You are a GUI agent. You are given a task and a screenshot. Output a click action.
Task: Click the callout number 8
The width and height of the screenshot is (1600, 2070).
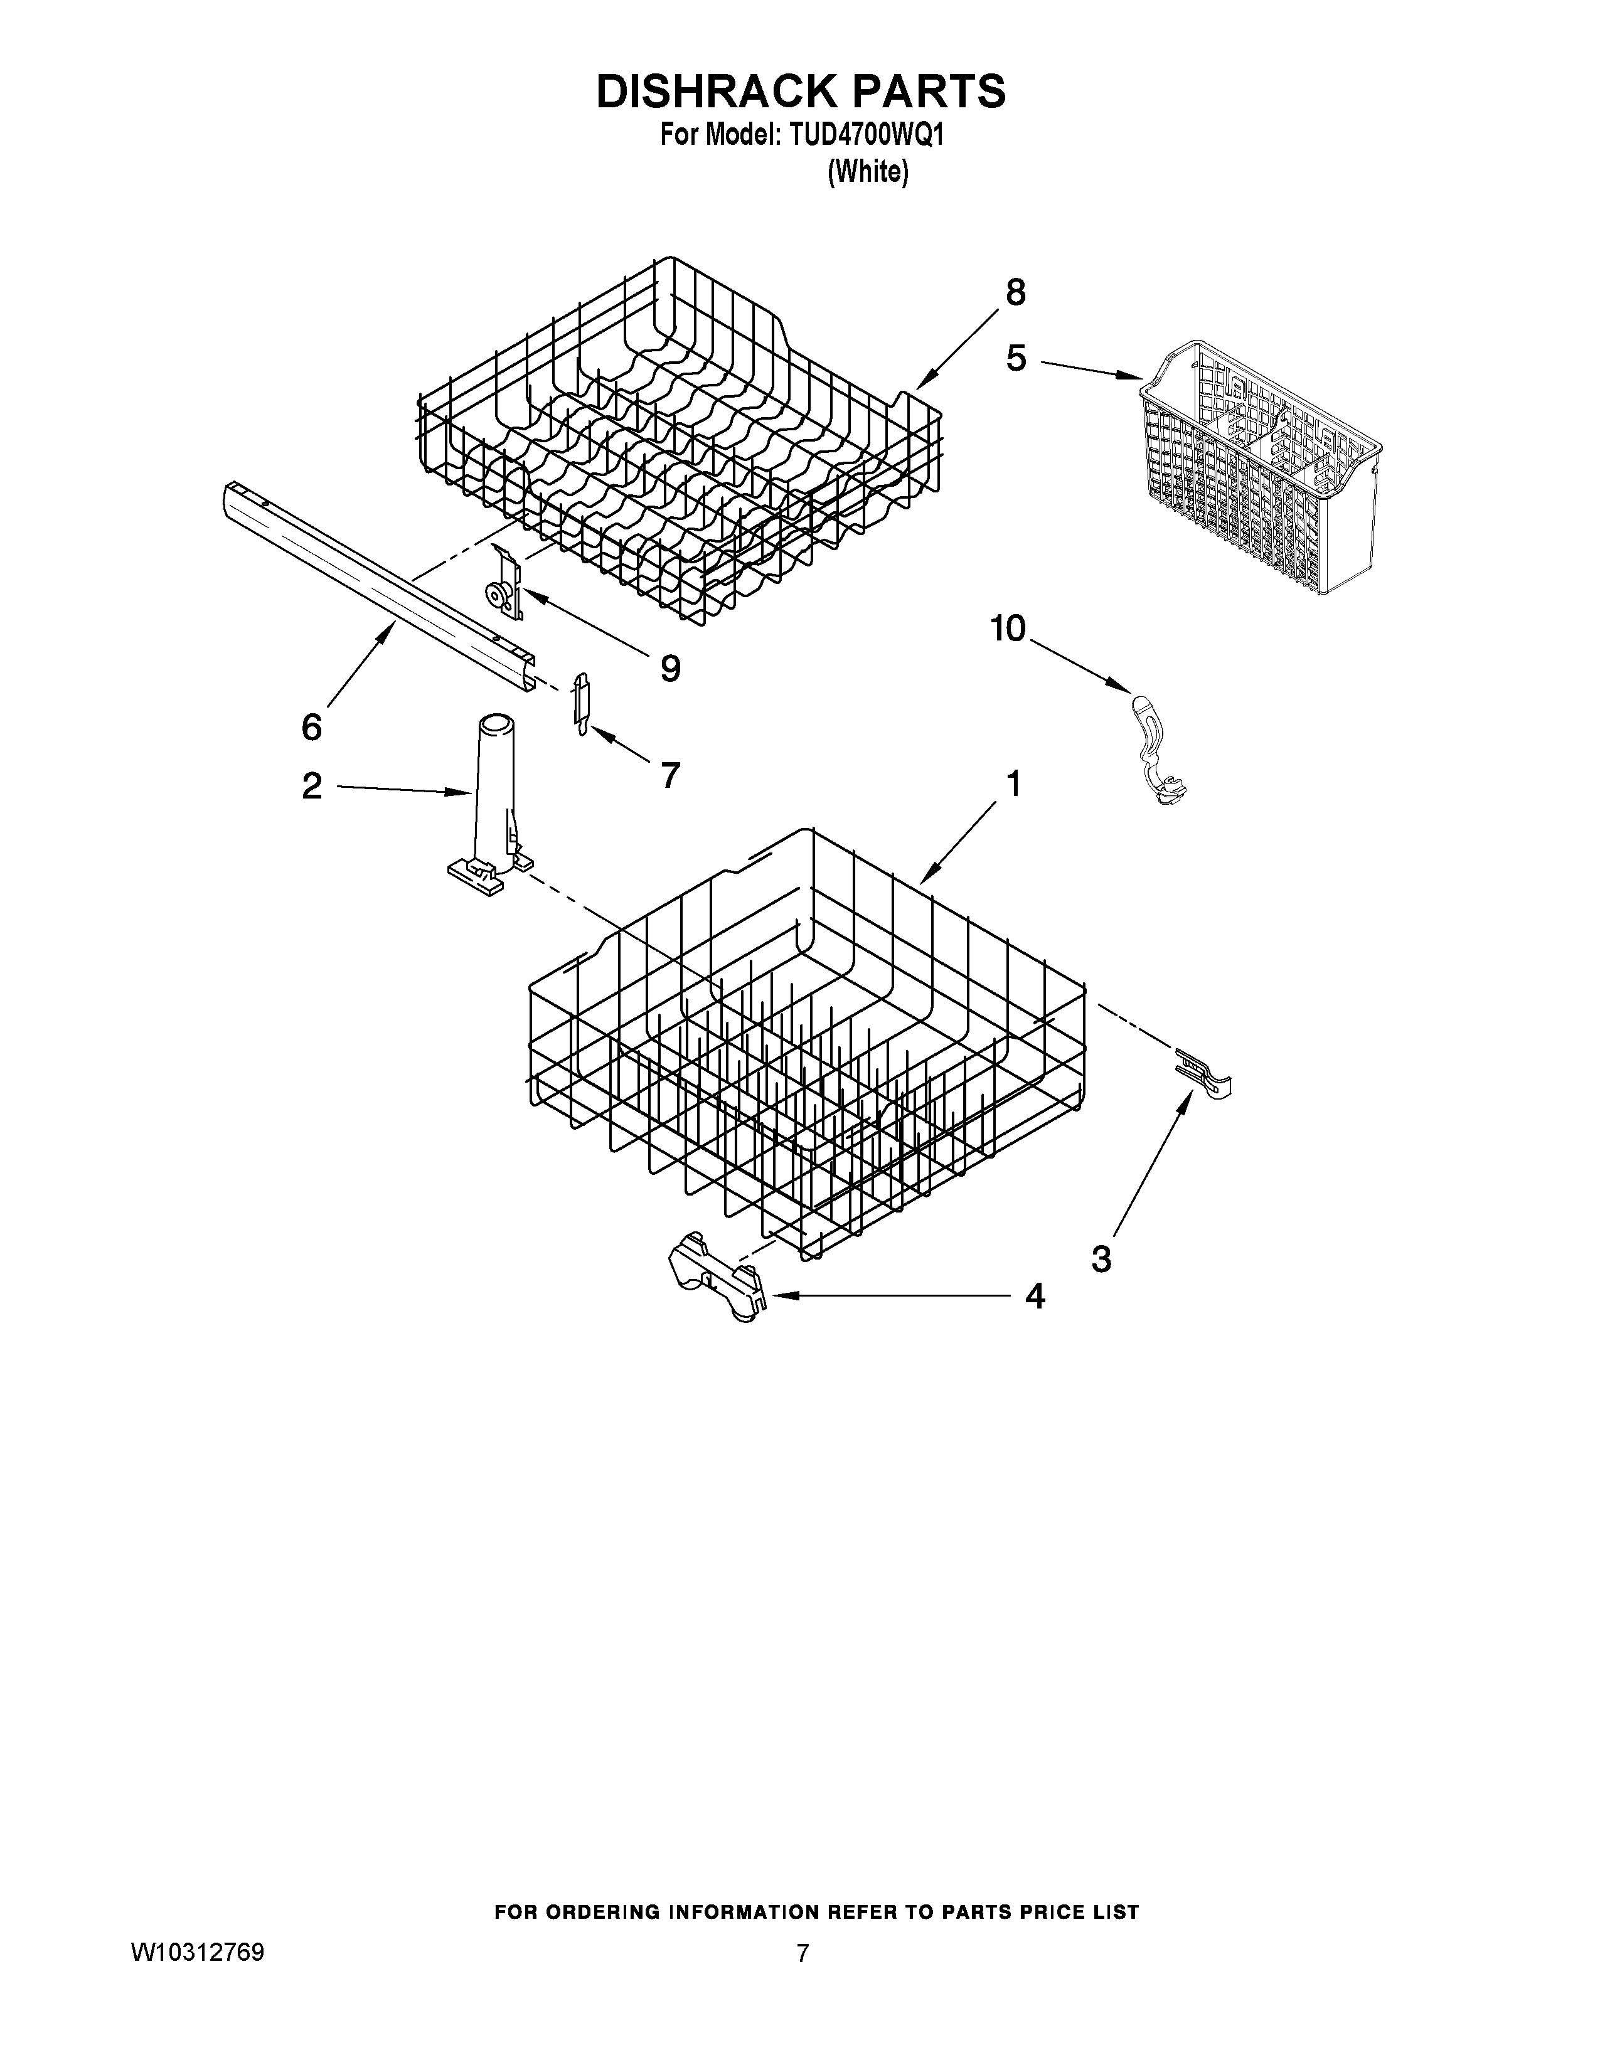pos(1015,293)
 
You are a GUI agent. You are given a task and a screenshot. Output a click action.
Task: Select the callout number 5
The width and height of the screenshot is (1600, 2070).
pos(1016,358)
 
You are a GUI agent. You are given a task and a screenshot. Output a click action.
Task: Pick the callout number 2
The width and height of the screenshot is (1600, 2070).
pos(312,786)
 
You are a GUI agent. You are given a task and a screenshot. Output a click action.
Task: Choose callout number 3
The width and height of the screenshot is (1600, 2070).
pos(1101,1260)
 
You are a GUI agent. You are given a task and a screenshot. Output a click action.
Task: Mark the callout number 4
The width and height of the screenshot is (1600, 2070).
pos(1035,1296)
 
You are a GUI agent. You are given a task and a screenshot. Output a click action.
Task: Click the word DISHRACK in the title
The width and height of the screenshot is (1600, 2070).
pos(712,92)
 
